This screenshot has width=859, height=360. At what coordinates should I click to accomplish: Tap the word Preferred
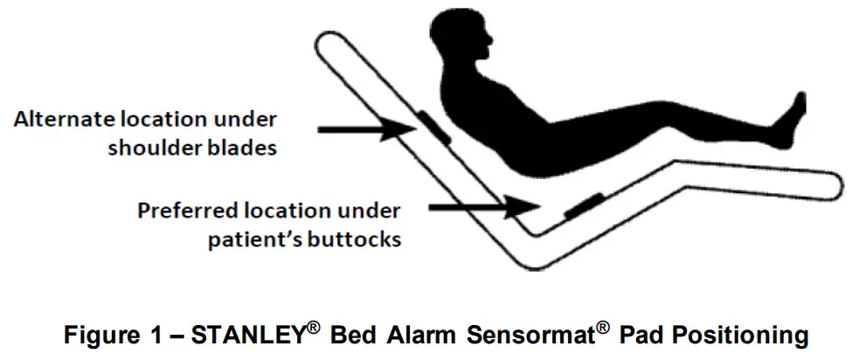click(187, 211)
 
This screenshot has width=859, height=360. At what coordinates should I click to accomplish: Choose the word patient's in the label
click(246, 239)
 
